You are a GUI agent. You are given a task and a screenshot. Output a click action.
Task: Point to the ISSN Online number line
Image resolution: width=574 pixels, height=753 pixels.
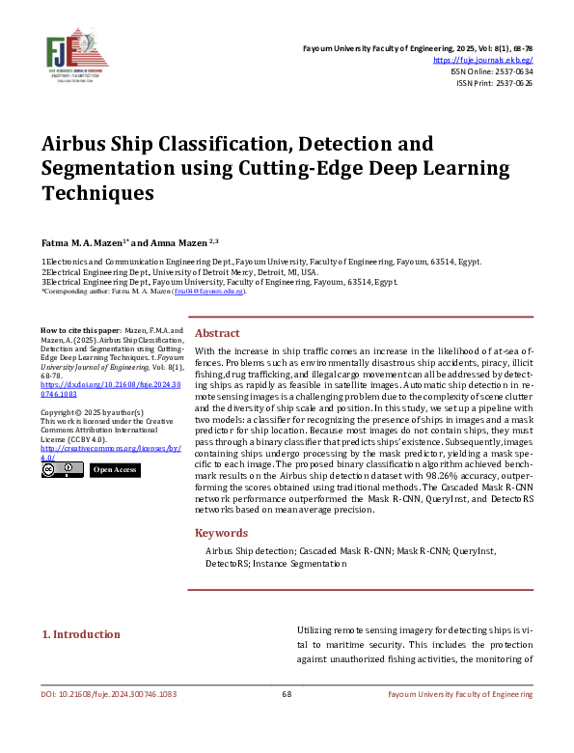click(492, 71)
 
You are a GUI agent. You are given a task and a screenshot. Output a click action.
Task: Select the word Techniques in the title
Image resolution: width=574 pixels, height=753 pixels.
click(97, 192)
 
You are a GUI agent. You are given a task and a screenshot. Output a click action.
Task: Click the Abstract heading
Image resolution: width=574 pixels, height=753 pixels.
click(217, 332)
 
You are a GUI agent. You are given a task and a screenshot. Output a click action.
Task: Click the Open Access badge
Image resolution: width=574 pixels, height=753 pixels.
click(115, 470)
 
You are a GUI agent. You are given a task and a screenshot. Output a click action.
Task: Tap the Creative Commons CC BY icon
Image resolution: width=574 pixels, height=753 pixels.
click(62, 470)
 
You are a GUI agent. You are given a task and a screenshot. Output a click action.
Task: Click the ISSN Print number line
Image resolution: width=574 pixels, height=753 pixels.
click(494, 83)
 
